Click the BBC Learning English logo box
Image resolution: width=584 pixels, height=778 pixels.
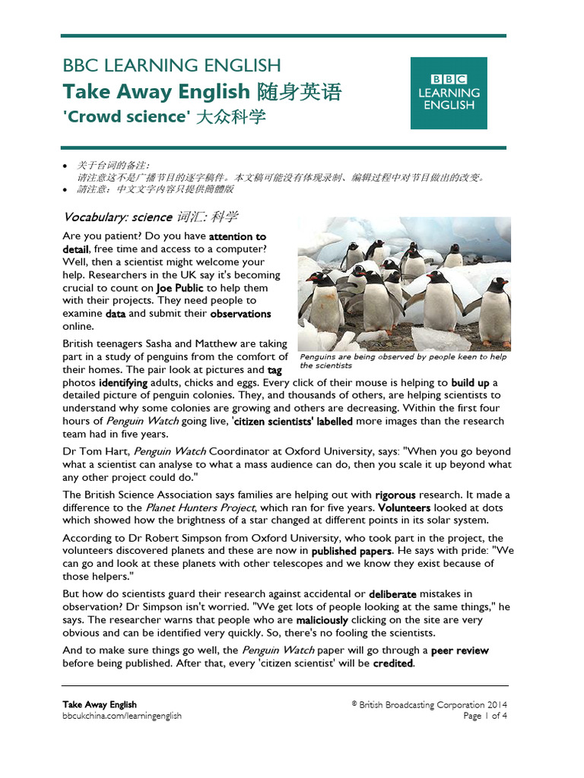449,93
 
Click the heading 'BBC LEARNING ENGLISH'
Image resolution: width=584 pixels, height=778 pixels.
171,65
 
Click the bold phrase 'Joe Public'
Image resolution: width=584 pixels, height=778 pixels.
180,288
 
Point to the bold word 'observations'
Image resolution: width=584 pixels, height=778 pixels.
240,314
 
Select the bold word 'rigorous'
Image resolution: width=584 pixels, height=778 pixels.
416,495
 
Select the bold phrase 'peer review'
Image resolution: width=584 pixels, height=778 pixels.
460,650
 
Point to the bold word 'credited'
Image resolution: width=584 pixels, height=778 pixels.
392,663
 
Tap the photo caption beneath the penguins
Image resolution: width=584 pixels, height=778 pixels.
403,361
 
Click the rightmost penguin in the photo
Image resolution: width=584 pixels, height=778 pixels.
495,312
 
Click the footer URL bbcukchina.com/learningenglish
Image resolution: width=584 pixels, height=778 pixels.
122,716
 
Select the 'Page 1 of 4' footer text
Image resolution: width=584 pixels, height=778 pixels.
485,716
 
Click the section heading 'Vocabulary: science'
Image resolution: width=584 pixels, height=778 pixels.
118,217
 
